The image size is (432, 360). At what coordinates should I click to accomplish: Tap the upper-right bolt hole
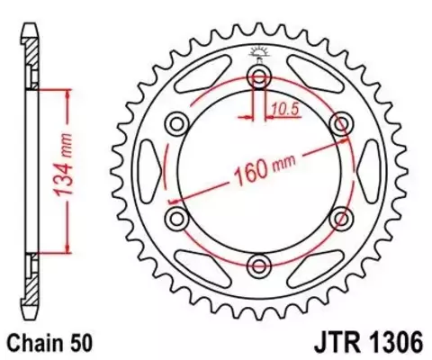pyautogui.click(x=341, y=121)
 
